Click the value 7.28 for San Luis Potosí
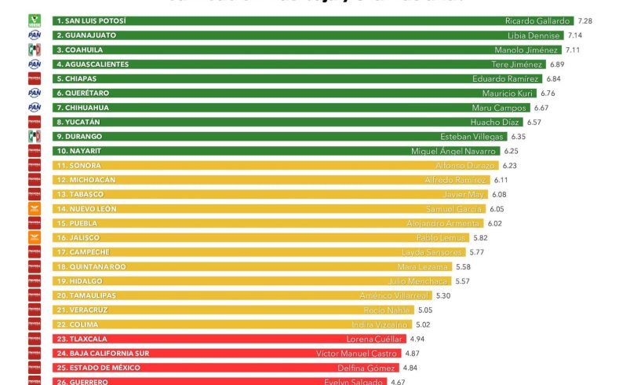(584, 20)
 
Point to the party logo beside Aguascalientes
(34, 64)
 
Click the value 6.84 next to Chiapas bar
(555, 79)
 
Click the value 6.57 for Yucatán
(533, 123)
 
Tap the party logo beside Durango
(34, 137)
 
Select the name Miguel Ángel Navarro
(453, 151)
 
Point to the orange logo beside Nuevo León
(34, 209)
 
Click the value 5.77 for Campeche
(477, 252)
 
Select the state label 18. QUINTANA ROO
(91, 266)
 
